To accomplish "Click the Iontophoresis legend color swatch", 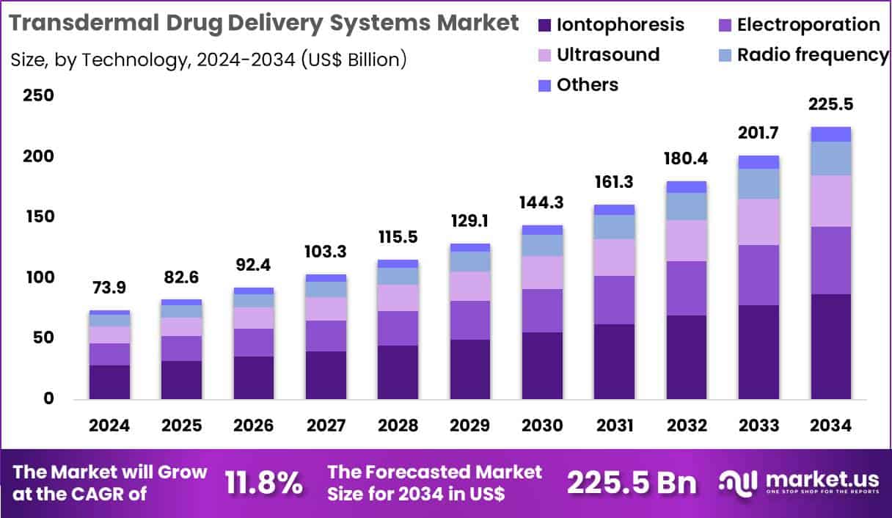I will point(544,25).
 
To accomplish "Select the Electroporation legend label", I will point(808,25).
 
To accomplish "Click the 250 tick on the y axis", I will point(37,96).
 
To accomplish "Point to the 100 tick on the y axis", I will point(37,278).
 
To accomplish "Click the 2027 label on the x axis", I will point(326,426).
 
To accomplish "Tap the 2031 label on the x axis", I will point(614,426).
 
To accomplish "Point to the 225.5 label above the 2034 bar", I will point(830,105).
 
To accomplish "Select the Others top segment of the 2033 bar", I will point(758,162).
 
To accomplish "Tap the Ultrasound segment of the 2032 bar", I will point(687,241).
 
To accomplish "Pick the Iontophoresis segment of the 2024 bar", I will point(109,382).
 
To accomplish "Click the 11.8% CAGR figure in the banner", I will point(264,484).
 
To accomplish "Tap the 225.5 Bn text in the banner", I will point(632,484).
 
